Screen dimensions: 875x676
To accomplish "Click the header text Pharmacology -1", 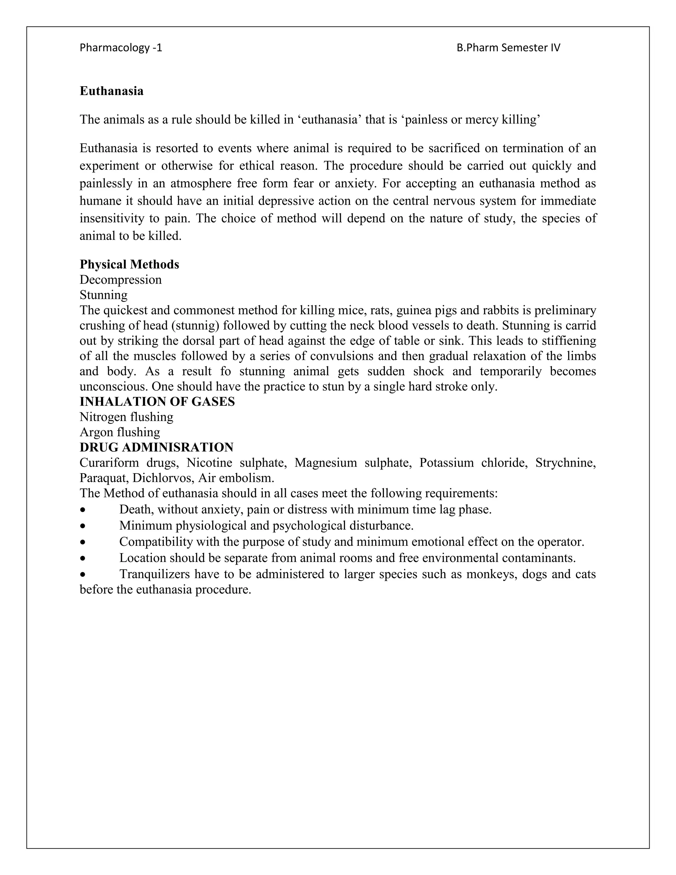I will coord(121,48).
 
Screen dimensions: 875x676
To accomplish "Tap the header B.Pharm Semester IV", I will coord(508,48).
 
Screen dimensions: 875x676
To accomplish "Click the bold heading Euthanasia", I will coord(111,91).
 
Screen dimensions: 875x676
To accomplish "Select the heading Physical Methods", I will coord(129,264).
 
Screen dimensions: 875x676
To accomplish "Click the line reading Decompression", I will coord(120,280).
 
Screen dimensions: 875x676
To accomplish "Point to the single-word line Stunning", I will coord(103,295).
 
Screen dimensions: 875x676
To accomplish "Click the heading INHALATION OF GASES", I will coord(157,402).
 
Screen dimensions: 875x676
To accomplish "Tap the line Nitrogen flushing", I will coord(126,417).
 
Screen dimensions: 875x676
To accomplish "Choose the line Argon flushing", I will coord(120,432).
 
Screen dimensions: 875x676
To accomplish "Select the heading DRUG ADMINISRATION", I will coord(156,447).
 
